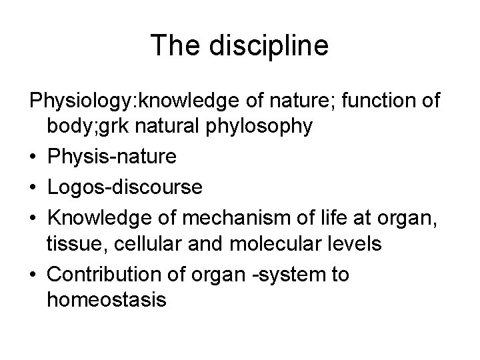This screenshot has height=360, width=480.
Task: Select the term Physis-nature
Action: [112, 157]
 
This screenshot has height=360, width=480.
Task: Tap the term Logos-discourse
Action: [125, 187]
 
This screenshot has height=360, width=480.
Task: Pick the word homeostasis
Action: [106, 299]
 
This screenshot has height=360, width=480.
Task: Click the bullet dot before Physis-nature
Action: [33, 157]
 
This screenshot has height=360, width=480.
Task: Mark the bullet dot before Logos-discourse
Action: [33, 187]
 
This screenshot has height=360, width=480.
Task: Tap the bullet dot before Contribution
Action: [33, 274]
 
